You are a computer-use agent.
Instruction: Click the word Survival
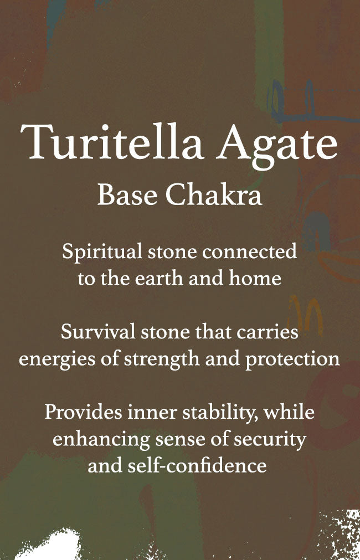coord(97,332)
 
